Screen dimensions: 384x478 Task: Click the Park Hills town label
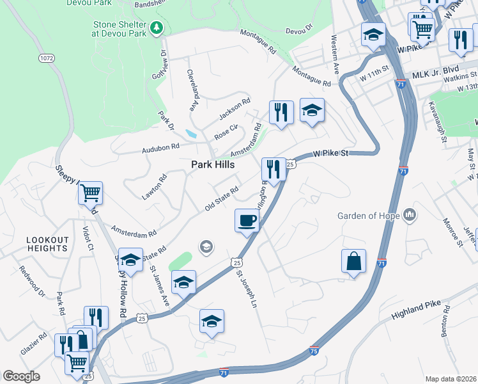click(213, 164)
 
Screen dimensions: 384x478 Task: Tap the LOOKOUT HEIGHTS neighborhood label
click(47, 244)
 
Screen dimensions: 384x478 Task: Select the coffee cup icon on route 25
click(247, 221)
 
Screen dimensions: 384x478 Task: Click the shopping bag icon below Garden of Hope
click(353, 262)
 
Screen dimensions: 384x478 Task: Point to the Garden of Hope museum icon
click(410, 215)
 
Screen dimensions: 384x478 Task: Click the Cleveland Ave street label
click(191, 91)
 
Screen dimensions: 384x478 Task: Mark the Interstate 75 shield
click(314, 350)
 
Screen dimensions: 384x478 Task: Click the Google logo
click(21, 376)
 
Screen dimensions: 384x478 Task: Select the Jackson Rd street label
click(235, 109)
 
